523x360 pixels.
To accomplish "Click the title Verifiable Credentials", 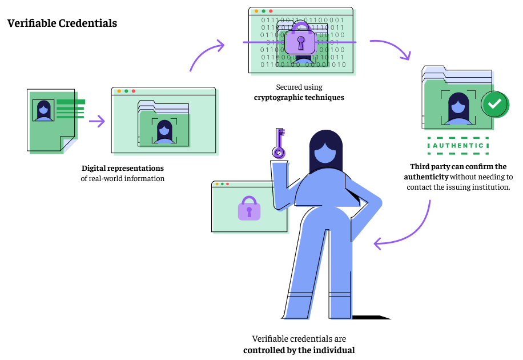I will point(62,23).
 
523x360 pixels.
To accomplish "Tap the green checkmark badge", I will point(494,104).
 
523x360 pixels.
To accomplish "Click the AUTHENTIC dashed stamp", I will point(458,146).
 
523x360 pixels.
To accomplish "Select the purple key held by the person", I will point(278,142).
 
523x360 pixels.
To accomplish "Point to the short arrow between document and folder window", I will point(97,121).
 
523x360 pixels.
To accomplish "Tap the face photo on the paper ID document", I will point(43,110).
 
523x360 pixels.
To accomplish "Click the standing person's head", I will point(325,150).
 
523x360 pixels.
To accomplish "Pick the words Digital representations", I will point(123,169).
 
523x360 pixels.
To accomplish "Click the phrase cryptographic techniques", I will point(299,98).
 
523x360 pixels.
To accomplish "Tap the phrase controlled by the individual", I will point(299,350).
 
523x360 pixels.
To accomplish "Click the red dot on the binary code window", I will point(271,11).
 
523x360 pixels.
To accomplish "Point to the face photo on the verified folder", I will point(458,107).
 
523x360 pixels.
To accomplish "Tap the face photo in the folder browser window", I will point(164,130).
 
